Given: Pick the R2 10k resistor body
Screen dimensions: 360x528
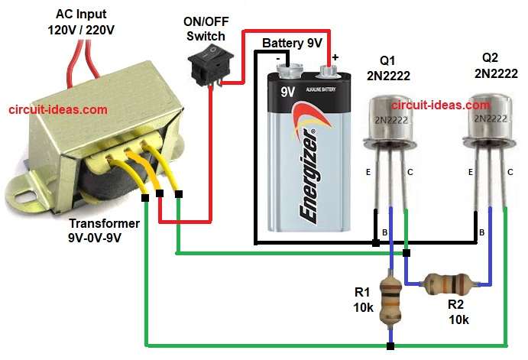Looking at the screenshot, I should pyautogui.click(x=447, y=284).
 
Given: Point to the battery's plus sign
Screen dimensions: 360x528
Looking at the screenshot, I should pyautogui.click(x=335, y=56).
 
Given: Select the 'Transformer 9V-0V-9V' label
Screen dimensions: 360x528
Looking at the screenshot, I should pyautogui.click(x=104, y=230).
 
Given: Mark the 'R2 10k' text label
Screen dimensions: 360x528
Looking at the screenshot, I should pyautogui.click(x=459, y=311).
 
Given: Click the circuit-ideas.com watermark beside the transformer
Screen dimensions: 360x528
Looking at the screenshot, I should pyautogui.click(x=58, y=110).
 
